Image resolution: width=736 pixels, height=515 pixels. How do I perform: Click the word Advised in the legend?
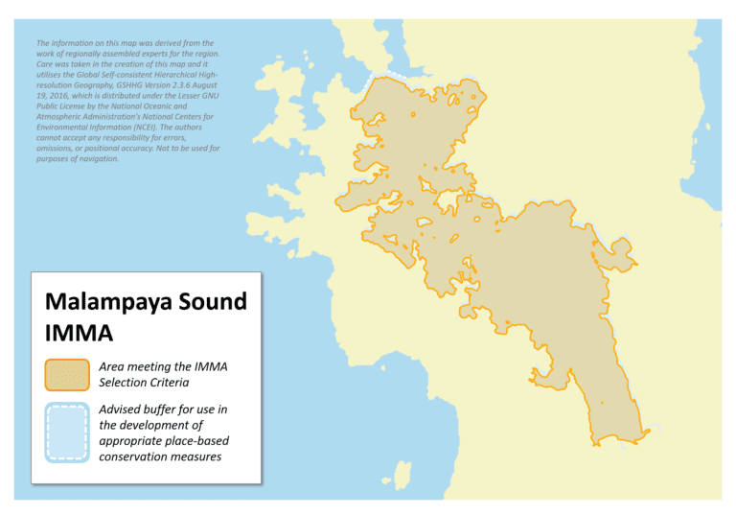pos(123,410)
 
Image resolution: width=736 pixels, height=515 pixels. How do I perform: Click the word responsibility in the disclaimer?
pos(119,138)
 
